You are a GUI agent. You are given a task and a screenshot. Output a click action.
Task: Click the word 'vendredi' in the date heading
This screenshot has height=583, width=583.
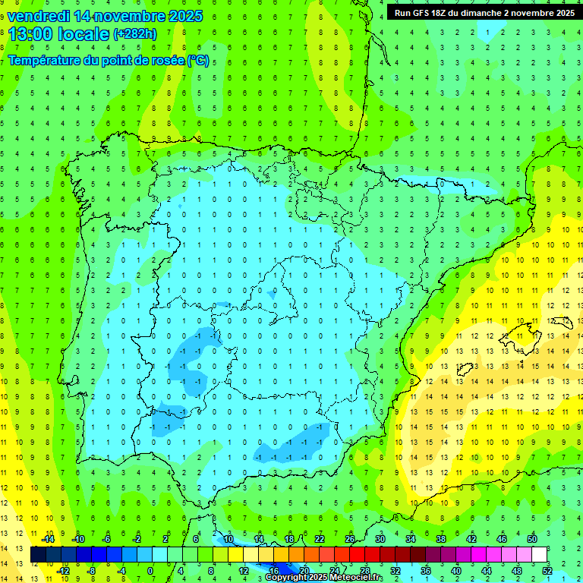(39, 16)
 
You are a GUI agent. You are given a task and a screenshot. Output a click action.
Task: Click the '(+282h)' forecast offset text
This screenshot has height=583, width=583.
(134, 33)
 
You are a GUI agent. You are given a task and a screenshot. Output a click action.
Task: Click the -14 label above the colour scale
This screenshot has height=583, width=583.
(47, 539)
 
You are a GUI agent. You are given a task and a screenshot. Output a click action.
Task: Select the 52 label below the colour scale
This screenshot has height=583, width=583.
(547, 571)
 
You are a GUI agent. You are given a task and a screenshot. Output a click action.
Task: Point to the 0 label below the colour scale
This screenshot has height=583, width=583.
(150, 571)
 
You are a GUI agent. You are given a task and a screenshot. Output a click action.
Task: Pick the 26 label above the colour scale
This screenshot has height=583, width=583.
(350, 539)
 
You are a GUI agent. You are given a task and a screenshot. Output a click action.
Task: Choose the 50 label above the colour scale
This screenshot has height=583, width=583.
(532, 539)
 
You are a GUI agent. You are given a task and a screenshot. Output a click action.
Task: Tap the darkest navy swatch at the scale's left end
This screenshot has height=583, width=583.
(39, 555)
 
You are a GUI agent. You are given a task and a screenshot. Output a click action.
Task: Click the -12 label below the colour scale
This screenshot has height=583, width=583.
(64, 571)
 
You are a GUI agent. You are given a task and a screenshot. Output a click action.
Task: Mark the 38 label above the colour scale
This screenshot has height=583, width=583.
(441, 539)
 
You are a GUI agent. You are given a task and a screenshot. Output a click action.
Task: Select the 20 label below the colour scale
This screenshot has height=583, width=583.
(304, 571)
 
